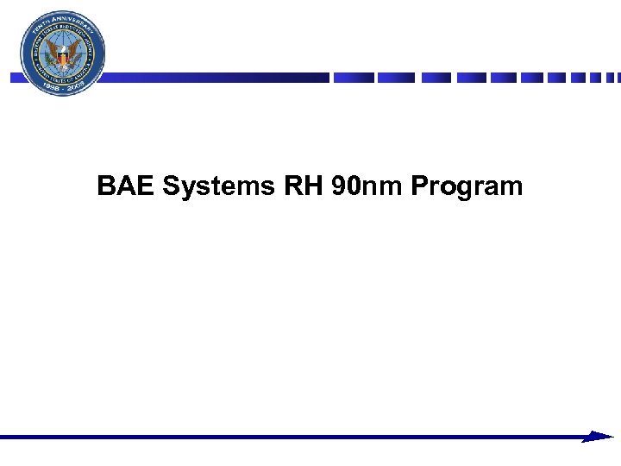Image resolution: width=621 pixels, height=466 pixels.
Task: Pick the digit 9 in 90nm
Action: click(338, 186)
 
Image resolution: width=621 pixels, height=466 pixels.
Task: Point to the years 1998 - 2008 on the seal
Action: click(64, 88)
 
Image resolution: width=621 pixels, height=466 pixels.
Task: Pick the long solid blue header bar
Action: click(216, 78)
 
